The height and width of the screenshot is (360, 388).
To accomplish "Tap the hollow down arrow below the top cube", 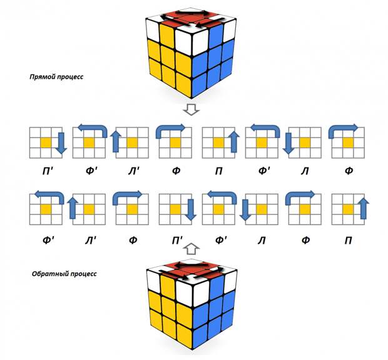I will [x=193, y=110].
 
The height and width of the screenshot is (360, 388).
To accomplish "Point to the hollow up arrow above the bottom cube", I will [x=193, y=248].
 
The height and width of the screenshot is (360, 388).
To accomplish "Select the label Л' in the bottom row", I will [x=89, y=239].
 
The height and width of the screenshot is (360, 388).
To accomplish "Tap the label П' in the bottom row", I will [x=175, y=239].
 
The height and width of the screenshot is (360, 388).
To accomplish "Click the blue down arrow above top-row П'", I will [x=61, y=142].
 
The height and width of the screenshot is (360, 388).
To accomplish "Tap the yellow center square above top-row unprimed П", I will [x=218, y=142].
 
